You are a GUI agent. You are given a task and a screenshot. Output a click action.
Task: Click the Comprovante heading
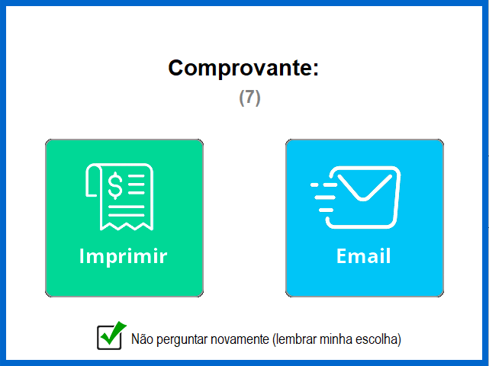pyautogui.click(x=243, y=69)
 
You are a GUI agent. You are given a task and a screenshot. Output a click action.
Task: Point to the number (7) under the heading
pyautogui.click(x=249, y=98)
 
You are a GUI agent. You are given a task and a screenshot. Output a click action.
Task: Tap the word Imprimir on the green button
pyautogui.click(x=123, y=256)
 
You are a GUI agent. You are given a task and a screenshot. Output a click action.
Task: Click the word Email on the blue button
pyautogui.click(x=363, y=256)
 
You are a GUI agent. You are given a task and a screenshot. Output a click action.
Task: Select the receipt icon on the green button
pyautogui.click(x=120, y=197)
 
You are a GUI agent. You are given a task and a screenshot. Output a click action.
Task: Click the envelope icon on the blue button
pyautogui.click(x=355, y=197)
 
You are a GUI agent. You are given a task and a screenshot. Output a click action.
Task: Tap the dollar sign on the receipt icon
pyautogui.click(x=115, y=185)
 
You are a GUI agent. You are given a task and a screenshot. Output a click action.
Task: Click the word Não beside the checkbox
pyautogui.click(x=142, y=339)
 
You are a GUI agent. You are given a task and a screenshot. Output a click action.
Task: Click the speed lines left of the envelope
pyautogui.click(x=323, y=197)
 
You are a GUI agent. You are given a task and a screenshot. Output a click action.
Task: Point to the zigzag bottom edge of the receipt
pyautogui.click(x=127, y=226)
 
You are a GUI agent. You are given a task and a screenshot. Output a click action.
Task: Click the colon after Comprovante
pyautogui.click(x=316, y=69)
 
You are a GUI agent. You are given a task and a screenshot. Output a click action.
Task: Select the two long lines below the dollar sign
pyautogui.click(x=127, y=210)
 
